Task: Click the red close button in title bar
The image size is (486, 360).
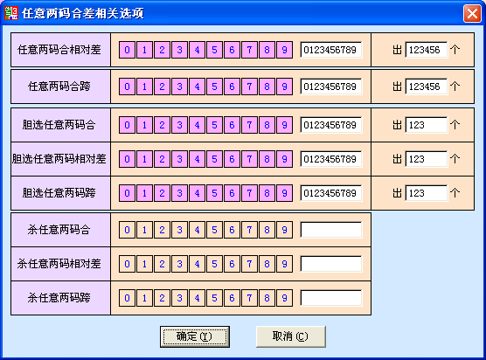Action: pos(472,14)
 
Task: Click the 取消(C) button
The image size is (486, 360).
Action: pos(291,336)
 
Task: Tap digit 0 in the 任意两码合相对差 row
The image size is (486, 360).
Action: pos(127,50)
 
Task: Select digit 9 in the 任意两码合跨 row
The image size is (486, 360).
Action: pos(285,87)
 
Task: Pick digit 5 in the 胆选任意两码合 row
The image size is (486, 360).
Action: pos(214,125)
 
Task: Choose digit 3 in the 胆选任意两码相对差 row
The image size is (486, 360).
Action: pos(179,159)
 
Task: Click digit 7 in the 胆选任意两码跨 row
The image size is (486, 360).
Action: pos(249,193)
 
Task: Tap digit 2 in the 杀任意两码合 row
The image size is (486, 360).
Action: pos(162,230)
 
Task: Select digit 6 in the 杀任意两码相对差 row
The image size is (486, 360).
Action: pos(232,264)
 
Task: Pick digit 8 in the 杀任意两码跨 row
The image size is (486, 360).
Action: pos(267,298)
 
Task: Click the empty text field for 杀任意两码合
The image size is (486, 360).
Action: pos(331,230)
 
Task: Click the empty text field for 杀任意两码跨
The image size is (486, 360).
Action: pos(331,298)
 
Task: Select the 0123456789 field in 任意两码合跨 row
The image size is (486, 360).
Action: pos(331,87)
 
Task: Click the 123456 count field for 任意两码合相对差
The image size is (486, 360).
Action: pos(427,50)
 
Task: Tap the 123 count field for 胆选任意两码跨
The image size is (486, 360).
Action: pos(427,193)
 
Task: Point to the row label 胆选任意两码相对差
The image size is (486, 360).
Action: pos(59,159)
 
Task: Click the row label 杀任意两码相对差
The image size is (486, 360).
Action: pos(59,264)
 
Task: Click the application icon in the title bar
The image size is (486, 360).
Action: pos(11,13)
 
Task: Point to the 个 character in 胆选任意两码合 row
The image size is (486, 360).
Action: pos(455,125)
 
